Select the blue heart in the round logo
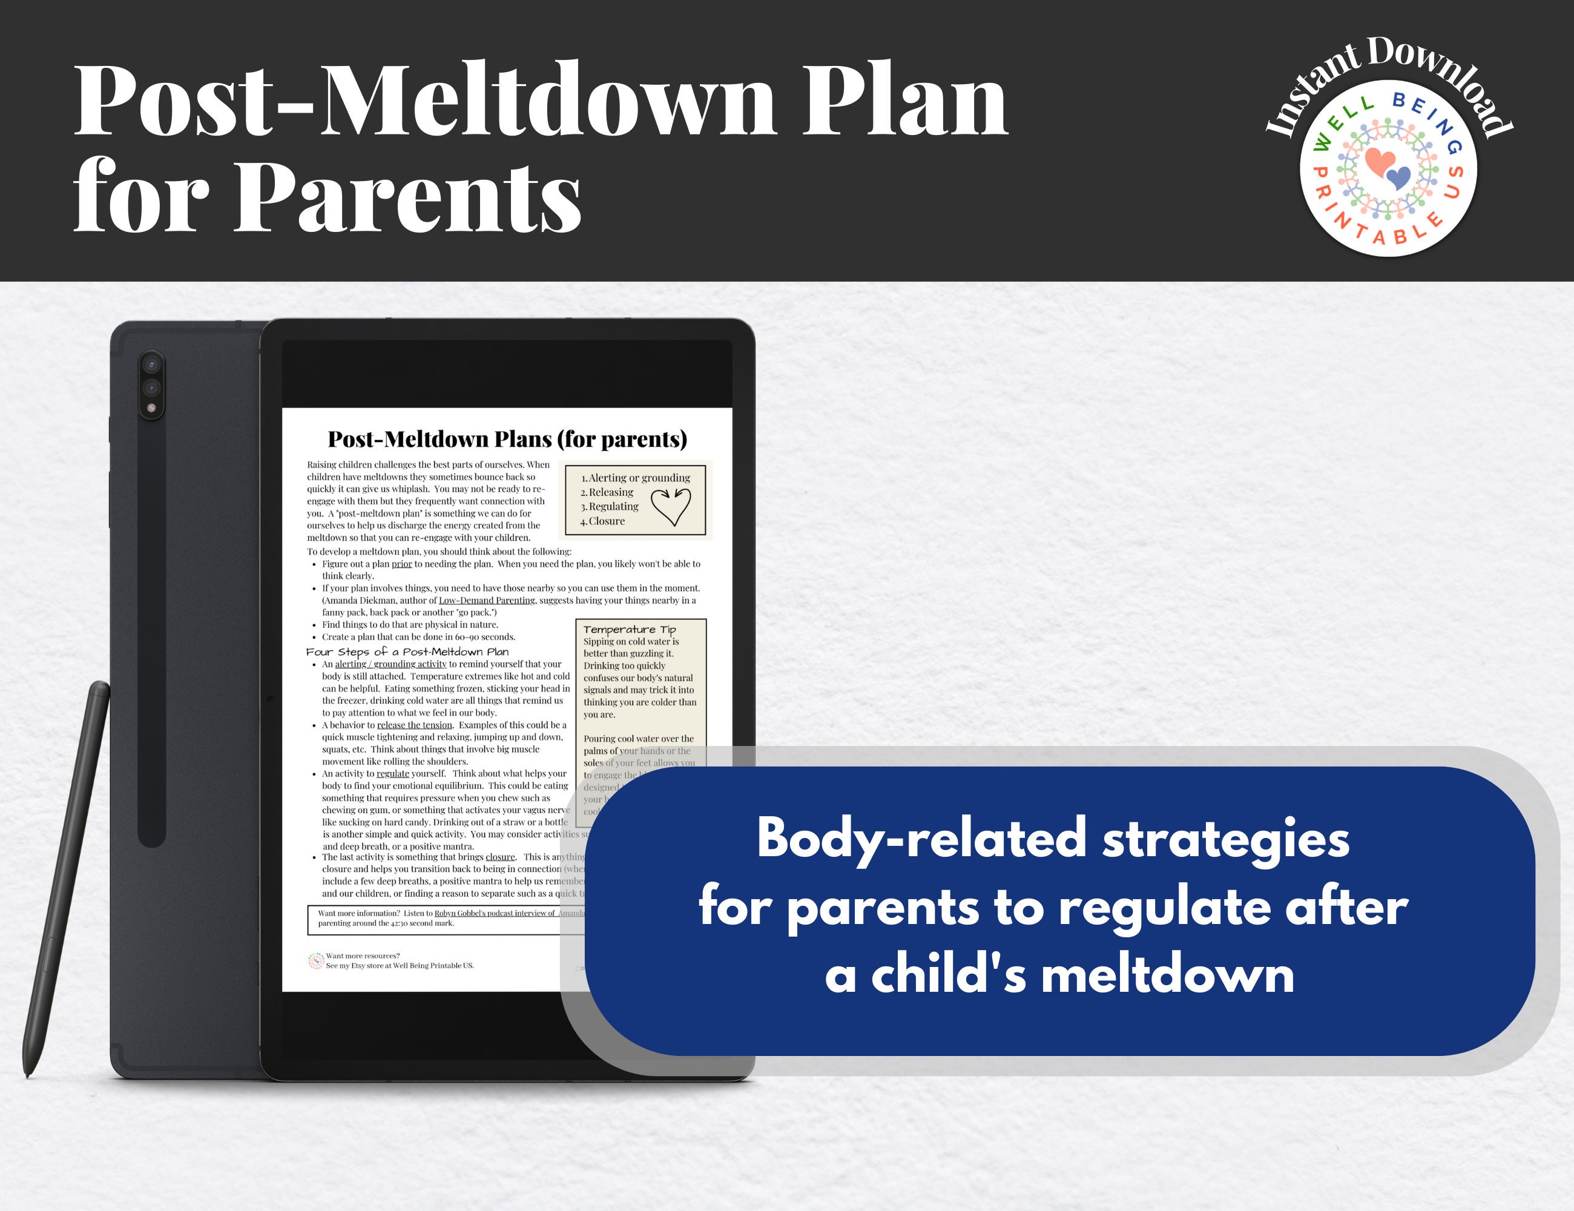click(1399, 177)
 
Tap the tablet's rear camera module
click(151, 386)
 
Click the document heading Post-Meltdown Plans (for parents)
click(507, 439)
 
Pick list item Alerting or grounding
click(639, 478)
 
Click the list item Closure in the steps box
click(606, 521)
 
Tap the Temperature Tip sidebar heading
click(629, 629)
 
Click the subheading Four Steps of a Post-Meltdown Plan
click(408, 652)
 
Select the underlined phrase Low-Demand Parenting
click(487, 601)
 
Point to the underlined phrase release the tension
click(415, 725)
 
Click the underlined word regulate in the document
click(393, 773)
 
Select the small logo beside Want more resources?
click(315, 961)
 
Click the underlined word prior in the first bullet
click(401, 564)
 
